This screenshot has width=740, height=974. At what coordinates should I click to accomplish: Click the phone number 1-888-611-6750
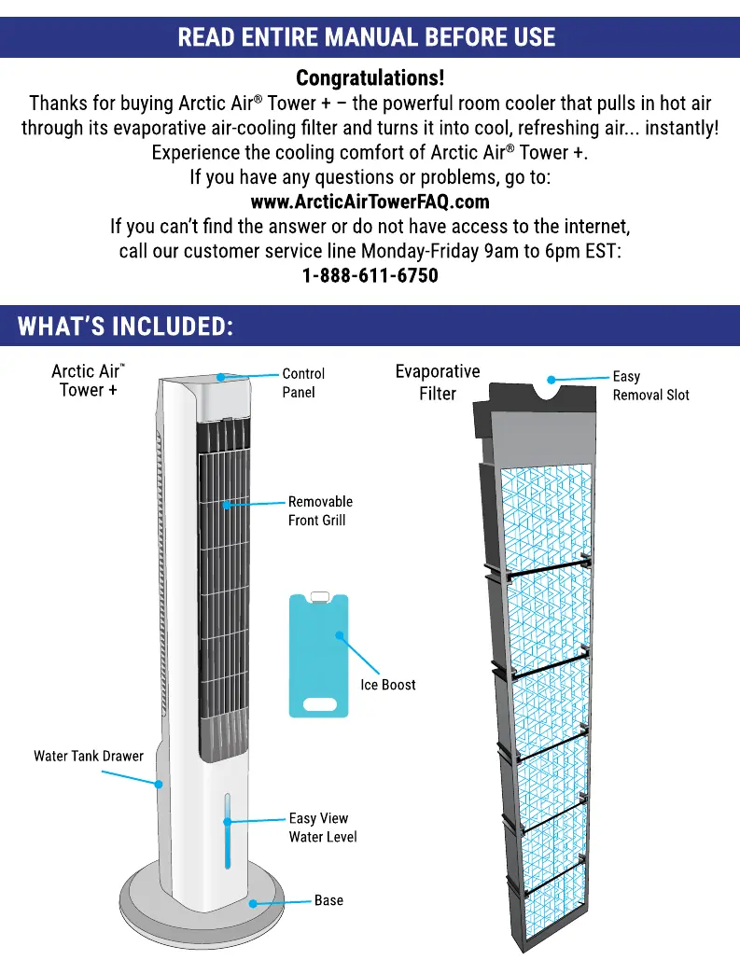pyautogui.click(x=370, y=276)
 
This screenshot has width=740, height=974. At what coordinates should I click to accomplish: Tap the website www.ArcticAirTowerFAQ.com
pyautogui.click(x=370, y=202)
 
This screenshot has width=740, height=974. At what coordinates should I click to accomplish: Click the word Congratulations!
pyautogui.click(x=370, y=77)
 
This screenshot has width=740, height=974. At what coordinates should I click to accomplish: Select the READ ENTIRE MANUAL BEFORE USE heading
pyautogui.click(x=366, y=37)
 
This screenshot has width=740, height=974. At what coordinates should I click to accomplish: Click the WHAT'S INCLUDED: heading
pyautogui.click(x=125, y=327)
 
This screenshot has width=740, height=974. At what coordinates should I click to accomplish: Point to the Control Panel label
pyautogui.click(x=303, y=383)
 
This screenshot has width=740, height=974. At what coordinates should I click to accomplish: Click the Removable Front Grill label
pyautogui.click(x=320, y=510)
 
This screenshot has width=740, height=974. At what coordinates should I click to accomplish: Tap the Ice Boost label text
pyautogui.click(x=388, y=685)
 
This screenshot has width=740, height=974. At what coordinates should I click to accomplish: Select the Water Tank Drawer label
pyautogui.click(x=89, y=756)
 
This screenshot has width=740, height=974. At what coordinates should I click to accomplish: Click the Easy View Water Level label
pyautogui.click(x=322, y=828)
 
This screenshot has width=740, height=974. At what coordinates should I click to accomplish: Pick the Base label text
pyautogui.click(x=328, y=900)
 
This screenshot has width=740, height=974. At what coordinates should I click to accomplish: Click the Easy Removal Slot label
pyautogui.click(x=650, y=385)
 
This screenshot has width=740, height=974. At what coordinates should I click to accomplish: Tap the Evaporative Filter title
pyautogui.click(x=438, y=382)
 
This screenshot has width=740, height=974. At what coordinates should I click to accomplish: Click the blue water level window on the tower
pyautogui.click(x=226, y=830)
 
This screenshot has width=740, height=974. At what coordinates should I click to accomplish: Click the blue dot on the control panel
pyautogui.click(x=221, y=377)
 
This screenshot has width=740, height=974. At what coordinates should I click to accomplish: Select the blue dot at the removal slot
pyautogui.click(x=552, y=380)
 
